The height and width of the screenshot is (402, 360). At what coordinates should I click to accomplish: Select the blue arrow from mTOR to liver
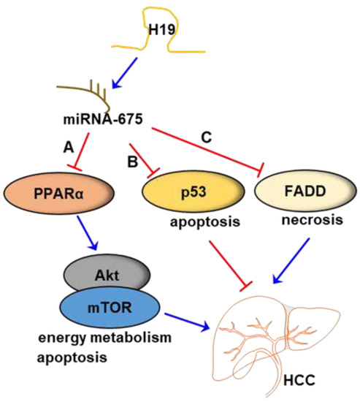coord(186,316)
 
